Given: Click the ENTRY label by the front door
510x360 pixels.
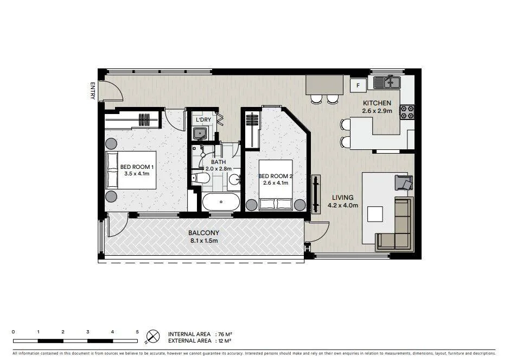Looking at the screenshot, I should tap(93, 90).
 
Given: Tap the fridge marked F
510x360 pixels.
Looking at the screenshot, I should tap(358, 85).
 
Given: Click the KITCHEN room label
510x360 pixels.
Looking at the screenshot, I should tap(377, 103).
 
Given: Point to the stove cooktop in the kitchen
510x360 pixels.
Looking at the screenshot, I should tap(407, 112).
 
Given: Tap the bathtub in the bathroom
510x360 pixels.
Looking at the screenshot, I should tap(221, 203).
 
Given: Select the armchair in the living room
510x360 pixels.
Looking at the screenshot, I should tap(403, 182).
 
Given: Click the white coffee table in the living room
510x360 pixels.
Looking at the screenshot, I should tap(375, 214).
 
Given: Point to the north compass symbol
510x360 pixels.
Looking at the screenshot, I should tap(154, 337).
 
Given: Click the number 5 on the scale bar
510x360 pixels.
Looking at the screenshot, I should tap(137, 331).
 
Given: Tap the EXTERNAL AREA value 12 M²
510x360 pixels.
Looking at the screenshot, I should tap(224, 341).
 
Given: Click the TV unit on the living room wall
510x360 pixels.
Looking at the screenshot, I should tap(315, 193).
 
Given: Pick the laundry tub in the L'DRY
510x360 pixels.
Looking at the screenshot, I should tap(200, 134).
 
